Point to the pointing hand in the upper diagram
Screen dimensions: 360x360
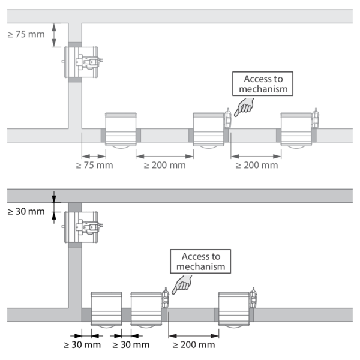point(242,107)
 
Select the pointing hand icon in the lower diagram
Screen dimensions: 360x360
point(181,284)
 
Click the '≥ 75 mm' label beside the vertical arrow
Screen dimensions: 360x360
point(26,34)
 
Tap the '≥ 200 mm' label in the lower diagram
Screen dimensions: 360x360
point(194,345)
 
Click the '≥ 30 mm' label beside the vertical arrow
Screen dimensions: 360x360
point(26,211)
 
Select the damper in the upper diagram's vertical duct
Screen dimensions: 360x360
point(80,61)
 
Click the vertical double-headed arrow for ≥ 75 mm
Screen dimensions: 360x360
point(55,34)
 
